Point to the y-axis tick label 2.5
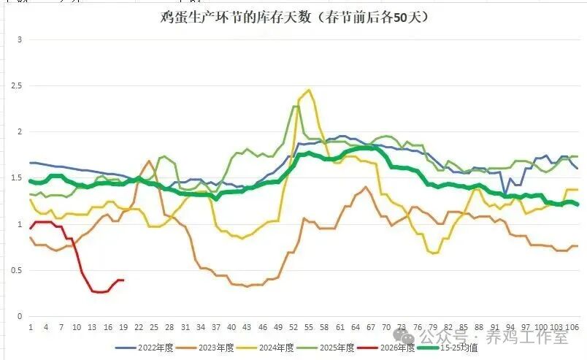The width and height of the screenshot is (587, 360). (x=16, y=85)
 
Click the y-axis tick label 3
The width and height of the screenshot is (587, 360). (x=20, y=39)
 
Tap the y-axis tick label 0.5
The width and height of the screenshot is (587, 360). (x=16, y=271)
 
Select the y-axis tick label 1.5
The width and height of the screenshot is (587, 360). (x=16, y=178)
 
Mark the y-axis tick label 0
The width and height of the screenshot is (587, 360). (x=20, y=317)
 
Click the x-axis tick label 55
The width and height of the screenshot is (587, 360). (x=309, y=327)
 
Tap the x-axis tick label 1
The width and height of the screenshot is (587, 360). (x=31, y=327)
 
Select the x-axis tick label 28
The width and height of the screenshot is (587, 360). (x=169, y=327)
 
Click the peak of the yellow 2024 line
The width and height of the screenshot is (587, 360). (x=309, y=90)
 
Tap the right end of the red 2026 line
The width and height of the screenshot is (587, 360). (x=123, y=280)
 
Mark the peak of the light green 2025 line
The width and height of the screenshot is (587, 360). (x=295, y=107)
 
